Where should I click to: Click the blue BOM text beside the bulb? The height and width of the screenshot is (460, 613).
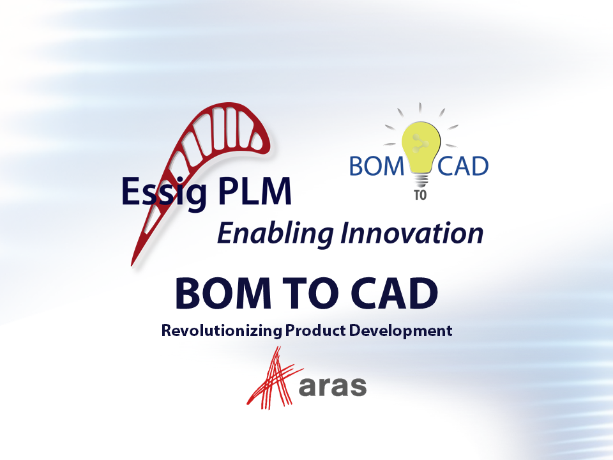377,167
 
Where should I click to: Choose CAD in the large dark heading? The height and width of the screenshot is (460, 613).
393,294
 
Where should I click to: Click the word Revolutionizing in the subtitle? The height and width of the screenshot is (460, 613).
222,331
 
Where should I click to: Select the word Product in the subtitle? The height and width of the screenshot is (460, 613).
313,331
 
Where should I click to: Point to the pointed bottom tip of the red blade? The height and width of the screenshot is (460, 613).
133,264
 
